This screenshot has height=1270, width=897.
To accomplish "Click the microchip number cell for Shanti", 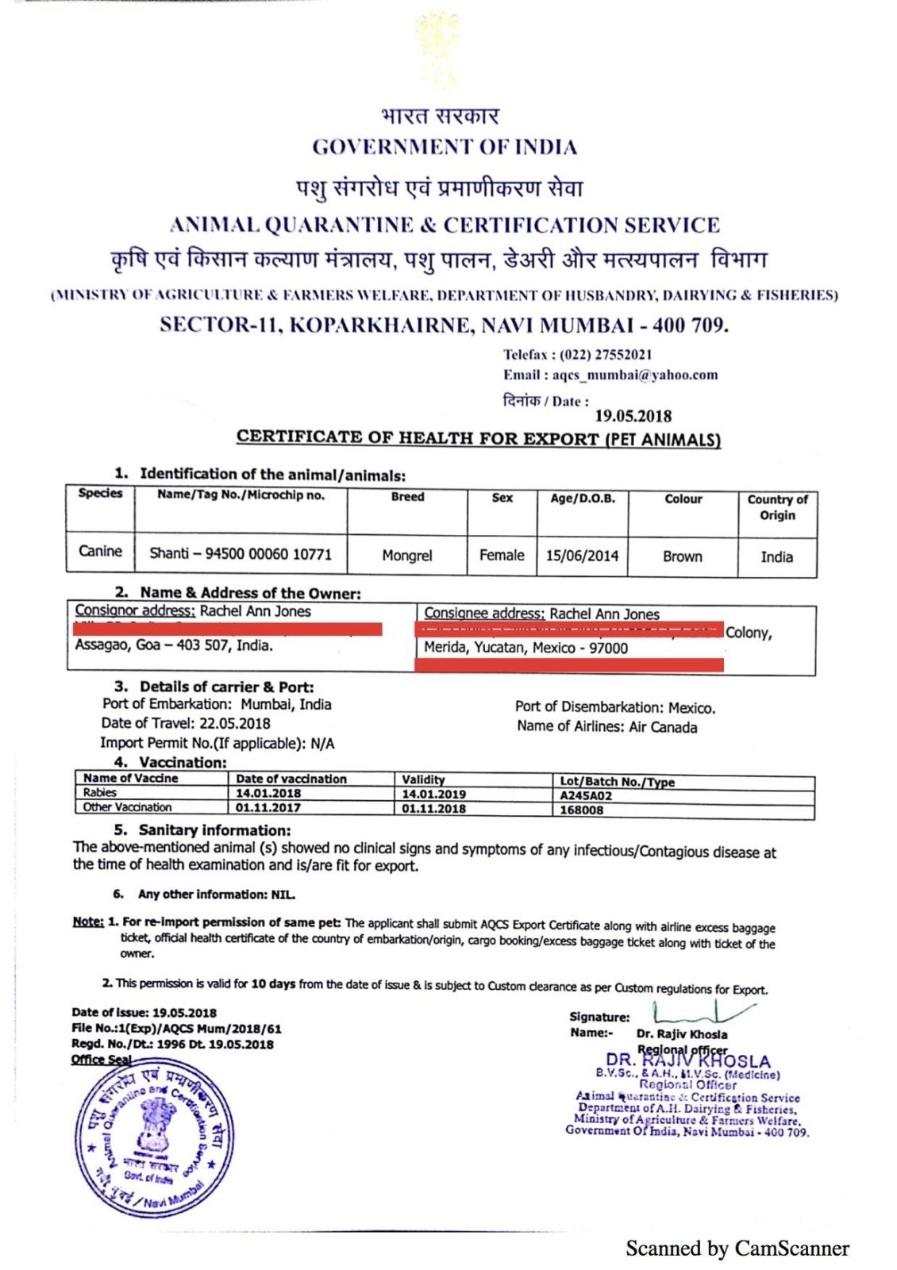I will click(241, 554).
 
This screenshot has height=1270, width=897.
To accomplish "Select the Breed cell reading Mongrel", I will click(407, 556).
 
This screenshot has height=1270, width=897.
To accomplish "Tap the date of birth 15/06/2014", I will click(582, 556).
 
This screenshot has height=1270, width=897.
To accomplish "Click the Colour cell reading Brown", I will click(683, 556).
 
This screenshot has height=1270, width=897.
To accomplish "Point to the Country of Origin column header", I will click(777, 507).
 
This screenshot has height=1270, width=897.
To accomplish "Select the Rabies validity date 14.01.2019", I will click(433, 794).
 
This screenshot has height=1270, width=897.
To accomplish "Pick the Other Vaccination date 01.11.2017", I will click(268, 808).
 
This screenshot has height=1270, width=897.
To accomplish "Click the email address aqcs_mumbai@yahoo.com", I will click(635, 375).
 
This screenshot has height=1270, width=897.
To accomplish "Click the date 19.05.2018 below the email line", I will click(633, 416).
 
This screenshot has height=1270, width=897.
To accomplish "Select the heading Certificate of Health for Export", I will click(479, 438).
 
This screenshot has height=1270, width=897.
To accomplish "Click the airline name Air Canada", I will click(663, 727).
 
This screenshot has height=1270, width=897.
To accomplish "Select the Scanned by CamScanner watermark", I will click(737, 1249).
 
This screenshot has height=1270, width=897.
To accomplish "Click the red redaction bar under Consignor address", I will click(228, 629).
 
